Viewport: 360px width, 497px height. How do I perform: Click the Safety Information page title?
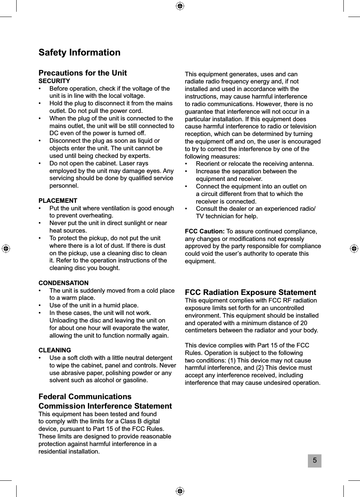(x=79, y=52)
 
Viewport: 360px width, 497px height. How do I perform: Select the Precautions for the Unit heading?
(x=82, y=73)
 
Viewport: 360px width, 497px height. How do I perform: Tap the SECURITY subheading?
(x=54, y=81)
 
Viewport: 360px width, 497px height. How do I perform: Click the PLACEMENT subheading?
(x=58, y=201)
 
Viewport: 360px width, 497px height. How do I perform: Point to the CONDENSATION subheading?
(x=63, y=283)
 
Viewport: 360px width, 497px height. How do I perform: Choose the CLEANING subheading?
(x=55, y=350)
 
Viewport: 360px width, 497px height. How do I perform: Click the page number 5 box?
(x=314, y=461)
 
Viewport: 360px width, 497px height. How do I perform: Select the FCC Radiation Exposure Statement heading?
(x=250, y=292)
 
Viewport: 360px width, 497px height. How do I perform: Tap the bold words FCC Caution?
(x=204, y=231)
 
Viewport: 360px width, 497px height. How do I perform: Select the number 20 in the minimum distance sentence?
(x=303, y=323)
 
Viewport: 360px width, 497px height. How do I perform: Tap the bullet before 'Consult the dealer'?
(x=186, y=209)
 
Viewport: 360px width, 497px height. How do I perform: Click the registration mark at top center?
(x=180, y=6)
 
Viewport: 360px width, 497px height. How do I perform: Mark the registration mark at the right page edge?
(x=354, y=248)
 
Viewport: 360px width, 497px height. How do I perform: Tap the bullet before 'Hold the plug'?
(x=40, y=103)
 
